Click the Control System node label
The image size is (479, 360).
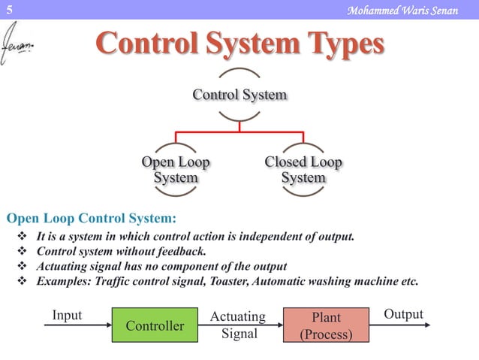239,95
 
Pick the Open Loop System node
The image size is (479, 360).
176,170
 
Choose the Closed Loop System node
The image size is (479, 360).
303,170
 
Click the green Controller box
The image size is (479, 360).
155,325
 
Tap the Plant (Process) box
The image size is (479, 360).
326,325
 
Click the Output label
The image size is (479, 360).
403,314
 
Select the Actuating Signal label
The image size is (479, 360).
239,325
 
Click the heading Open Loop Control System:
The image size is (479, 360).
92,219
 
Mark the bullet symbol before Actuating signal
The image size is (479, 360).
21,267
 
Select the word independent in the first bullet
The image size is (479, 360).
243,237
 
